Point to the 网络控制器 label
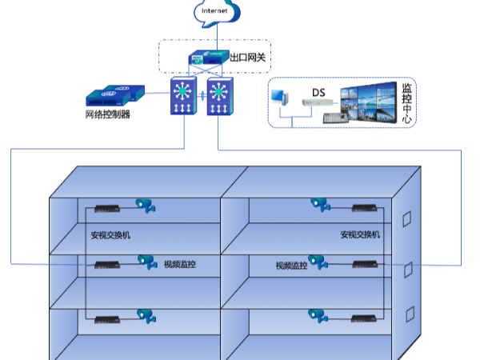107,114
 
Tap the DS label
318,91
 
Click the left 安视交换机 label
111,235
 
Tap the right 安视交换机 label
360,235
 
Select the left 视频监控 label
179,265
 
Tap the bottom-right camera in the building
318,316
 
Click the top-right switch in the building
365,208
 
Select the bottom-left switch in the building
107,320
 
